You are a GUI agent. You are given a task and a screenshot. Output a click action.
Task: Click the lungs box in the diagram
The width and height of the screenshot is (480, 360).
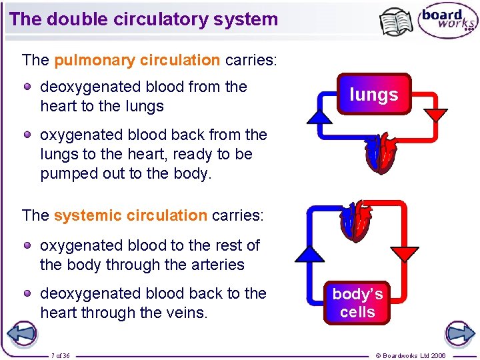pyautogui.click(x=373, y=95)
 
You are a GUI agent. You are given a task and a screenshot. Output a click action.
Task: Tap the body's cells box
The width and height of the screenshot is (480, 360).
pyautogui.click(x=357, y=303)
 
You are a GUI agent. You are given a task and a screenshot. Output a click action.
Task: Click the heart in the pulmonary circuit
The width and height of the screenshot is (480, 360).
pyautogui.click(x=381, y=153)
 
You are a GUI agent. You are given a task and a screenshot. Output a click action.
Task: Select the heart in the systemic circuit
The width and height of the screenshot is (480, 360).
pyautogui.click(x=357, y=221)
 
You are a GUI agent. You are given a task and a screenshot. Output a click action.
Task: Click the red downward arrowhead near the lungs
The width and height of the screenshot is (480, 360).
pyautogui.click(x=436, y=114)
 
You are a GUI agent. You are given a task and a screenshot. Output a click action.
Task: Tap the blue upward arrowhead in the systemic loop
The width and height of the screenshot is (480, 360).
pyautogui.click(x=309, y=253)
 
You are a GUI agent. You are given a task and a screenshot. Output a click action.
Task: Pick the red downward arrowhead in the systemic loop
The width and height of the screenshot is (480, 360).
pyautogui.click(x=405, y=254)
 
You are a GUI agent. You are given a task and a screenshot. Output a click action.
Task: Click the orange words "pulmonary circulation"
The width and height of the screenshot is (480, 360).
pyautogui.click(x=137, y=60)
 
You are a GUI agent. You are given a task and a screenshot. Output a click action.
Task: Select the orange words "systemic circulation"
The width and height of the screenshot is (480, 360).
pyautogui.click(x=130, y=215)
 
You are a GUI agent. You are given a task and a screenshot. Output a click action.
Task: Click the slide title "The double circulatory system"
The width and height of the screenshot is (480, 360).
pyautogui.click(x=144, y=19)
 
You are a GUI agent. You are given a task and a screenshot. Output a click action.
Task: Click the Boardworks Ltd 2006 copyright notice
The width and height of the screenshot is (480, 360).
pyautogui.click(x=411, y=355)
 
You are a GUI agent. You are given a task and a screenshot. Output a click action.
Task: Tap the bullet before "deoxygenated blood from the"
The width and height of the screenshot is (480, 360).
pyautogui.click(x=28, y=87)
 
